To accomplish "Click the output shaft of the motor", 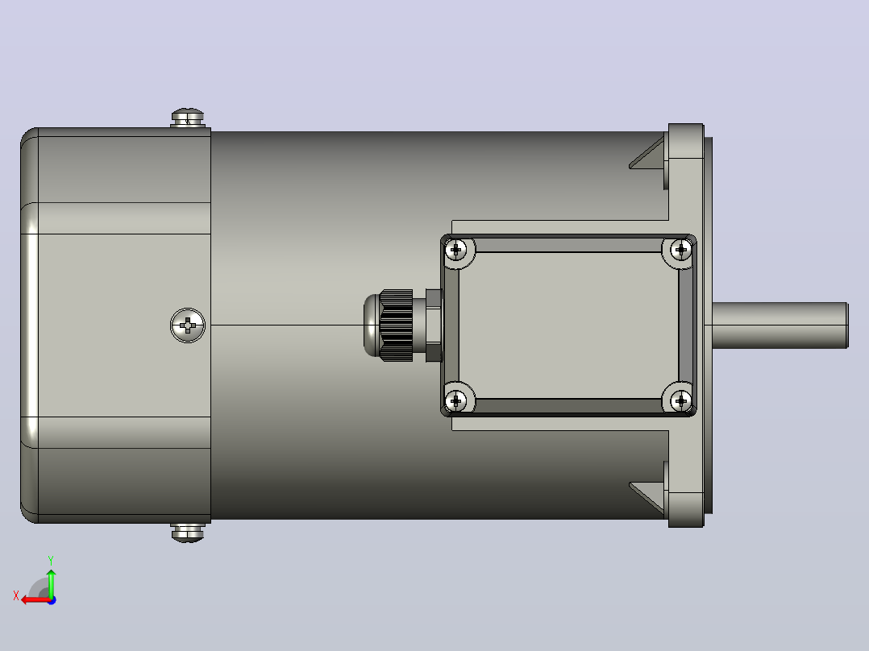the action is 780,325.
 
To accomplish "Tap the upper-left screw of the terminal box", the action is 456,250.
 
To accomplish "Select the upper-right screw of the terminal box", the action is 681,250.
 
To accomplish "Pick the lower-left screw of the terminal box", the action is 456,400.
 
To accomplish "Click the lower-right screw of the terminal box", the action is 681,400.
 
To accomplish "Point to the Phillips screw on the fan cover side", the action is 188,325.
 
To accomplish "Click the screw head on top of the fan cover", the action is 188,118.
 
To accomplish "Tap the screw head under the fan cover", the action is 188,533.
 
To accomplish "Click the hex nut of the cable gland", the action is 434,325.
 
